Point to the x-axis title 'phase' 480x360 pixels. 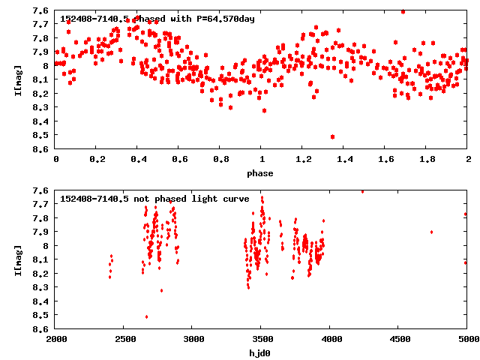point(262,173)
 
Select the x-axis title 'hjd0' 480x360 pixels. point(262,353)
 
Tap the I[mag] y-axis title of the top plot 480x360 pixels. point(17,79)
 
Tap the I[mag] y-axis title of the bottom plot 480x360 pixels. point(17,259)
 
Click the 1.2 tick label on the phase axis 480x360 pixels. point(303,160)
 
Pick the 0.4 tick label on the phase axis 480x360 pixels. point(138,160)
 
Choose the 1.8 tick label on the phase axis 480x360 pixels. point(427,160)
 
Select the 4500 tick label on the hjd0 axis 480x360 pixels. point(399,340)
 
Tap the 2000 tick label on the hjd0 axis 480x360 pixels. point(56,340)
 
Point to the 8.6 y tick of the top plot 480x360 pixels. point(41,149)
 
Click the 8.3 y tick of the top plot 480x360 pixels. point(41,107)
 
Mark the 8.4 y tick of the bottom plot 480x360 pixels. point(41,301)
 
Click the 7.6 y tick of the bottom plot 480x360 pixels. point(41,190)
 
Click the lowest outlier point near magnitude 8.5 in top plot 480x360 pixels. point(332,136)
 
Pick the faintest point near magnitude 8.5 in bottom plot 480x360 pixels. point(146,316)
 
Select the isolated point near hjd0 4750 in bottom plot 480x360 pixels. point(432,232)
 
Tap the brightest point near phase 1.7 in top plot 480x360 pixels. point(403,12)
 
